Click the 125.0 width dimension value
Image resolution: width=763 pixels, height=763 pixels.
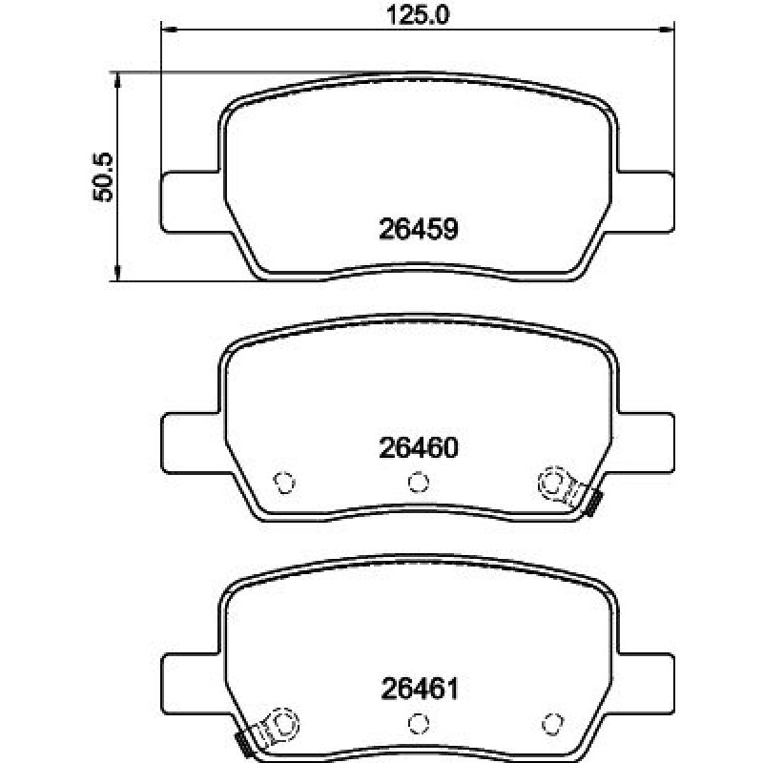[x=418, y=14]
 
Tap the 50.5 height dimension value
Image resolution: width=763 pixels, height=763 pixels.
[x=102, y=177]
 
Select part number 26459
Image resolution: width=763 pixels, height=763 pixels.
[x=419, y=229]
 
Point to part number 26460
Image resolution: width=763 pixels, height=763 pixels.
[x=419, y=447]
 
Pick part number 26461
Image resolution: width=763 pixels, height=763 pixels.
[x=420, y=689]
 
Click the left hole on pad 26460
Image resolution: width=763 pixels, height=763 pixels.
[x=284, y=483]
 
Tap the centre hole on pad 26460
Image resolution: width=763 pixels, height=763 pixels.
[x=418, y=483]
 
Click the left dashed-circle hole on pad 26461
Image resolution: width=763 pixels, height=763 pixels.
[x=283, y=723]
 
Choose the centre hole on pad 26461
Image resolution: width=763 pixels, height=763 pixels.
[x=418, y=724]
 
